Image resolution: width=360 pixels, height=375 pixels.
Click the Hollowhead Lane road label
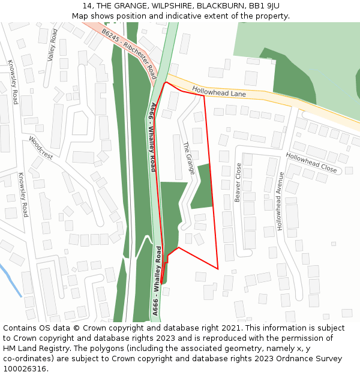pyautogui.click(x=219, y=92)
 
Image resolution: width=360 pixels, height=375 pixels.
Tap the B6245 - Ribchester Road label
pyautogui.click(x=130, y=54)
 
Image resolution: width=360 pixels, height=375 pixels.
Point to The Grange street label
pyautogui.click(x=188, y=158)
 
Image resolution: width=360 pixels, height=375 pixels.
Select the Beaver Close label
pyautogui.click(x=238, y=182)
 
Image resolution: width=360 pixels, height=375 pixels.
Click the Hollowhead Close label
pyautogui.click(x=311, y=162)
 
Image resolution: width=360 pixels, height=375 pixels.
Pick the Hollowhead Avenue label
pyautogui.click(x=279, y=200)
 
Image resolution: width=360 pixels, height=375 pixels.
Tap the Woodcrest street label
pyautogui.click(x=41, y=148)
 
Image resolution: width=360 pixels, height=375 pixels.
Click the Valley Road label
pyautogui.click(x=53, y=44)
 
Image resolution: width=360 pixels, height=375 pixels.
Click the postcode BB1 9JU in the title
pyautogui.click(x=263, y=6)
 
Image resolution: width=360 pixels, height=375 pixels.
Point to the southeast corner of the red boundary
pyautogui.click(x=217, y=268)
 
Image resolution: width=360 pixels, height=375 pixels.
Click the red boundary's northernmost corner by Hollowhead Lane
pyautogui.click(x=166, y=82)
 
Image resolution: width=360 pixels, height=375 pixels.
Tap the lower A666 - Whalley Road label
pyautogui.click(x=157, y=280)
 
